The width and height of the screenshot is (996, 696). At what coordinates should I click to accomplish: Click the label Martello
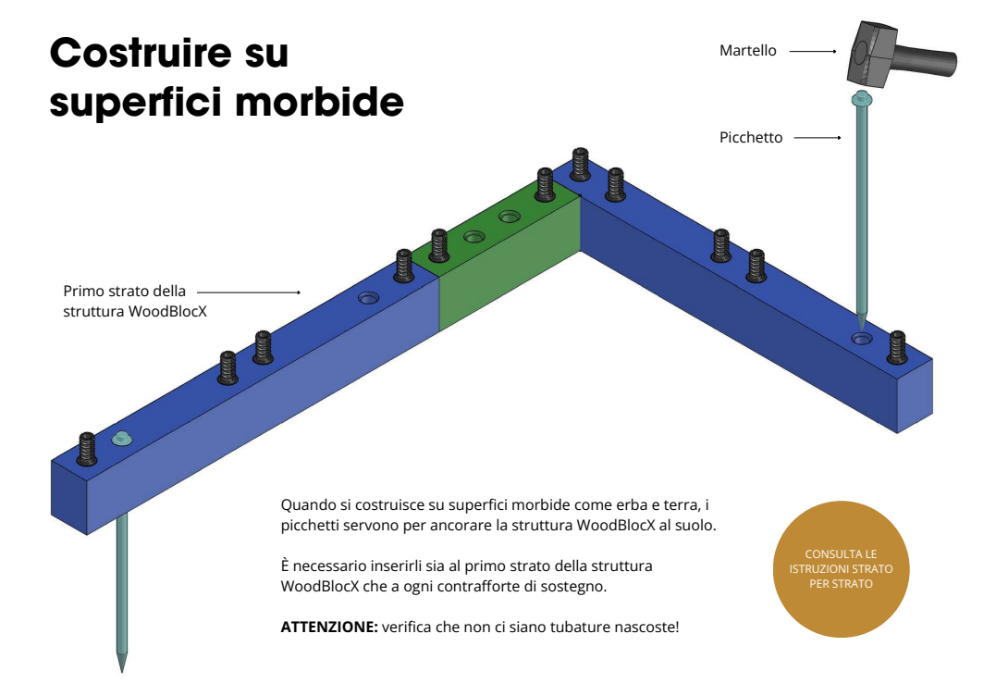[x=747, y=51]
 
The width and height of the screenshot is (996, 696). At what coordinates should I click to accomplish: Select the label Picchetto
[x=751, y=138]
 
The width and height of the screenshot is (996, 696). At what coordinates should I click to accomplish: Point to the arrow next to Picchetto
[x=818, y=138]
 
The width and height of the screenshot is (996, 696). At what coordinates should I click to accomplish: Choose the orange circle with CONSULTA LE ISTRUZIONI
[x=841, y=569]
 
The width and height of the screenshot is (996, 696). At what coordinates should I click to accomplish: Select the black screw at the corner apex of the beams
[x=581, y=164]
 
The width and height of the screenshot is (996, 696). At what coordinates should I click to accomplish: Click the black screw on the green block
[x=545, y=184]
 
